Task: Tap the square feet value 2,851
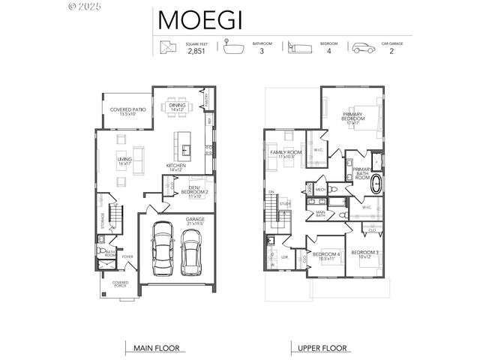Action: pos(196,51)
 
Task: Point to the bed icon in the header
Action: pos(298,47)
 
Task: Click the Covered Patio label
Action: pos(127,111)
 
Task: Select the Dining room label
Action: pos(177,107)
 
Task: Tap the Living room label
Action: pos(124,160)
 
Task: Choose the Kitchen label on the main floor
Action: pos(176,167)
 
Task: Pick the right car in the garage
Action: pos(190,251)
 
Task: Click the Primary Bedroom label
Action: pos(352,118)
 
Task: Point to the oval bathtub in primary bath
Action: pos(377,185)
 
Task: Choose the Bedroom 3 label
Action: pos(365,253)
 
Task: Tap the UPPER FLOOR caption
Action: pos(322,348)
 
